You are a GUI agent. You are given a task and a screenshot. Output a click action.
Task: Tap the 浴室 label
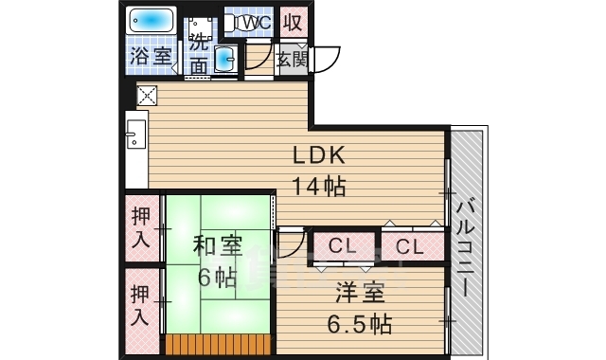point(151,55)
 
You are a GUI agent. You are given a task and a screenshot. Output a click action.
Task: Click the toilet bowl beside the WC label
point(232,22)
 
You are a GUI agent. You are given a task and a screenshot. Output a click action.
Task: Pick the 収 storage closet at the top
point(293,22)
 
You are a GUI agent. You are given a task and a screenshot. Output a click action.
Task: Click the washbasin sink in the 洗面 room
point(226,60)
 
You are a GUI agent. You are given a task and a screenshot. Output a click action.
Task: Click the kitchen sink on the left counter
point(134,138)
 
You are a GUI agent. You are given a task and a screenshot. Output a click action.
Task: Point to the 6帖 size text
point(217,278)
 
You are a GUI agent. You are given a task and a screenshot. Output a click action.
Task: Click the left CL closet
point(342,247)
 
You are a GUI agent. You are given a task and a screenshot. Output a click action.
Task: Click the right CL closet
point(409,247)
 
